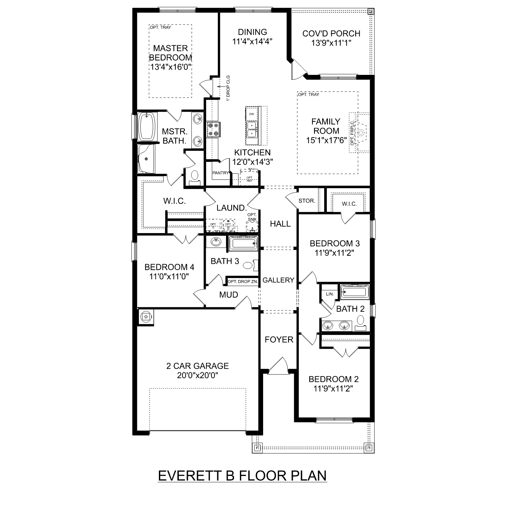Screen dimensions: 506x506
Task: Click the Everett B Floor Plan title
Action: pyautogui.click(x=242, y=475)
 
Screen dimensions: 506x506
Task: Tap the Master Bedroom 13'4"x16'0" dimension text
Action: pyautogui.click(x=171, y=67)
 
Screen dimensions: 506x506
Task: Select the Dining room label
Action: pyautogui.click(x=252, y=32)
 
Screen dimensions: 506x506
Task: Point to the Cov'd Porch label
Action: pyautogui.click(x=331, y=33)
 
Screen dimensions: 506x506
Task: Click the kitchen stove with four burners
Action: pyautogui.click(x=213, y=130)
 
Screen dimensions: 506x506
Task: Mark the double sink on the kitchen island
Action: pyautogui.click(x=252, y=130)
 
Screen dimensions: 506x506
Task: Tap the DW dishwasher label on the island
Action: pyautogui.click(x=252, y=114)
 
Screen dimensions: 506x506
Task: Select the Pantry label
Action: pyautogui.click(x=220, y=173)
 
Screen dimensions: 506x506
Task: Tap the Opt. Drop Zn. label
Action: pyautogui.click(x=243, y=281)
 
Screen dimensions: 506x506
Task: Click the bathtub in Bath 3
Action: pyautogui.click(x=243, y=243)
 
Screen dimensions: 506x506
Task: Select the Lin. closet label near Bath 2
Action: pyautogui.click(x=330, y=294)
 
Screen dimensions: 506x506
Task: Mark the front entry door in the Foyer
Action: pyautogui.click(x=279, y=365)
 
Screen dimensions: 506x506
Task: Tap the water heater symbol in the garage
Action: pyautogui.click(x=146, y=317)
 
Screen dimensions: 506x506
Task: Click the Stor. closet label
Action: pyautogui.click(x=307, y=201)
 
